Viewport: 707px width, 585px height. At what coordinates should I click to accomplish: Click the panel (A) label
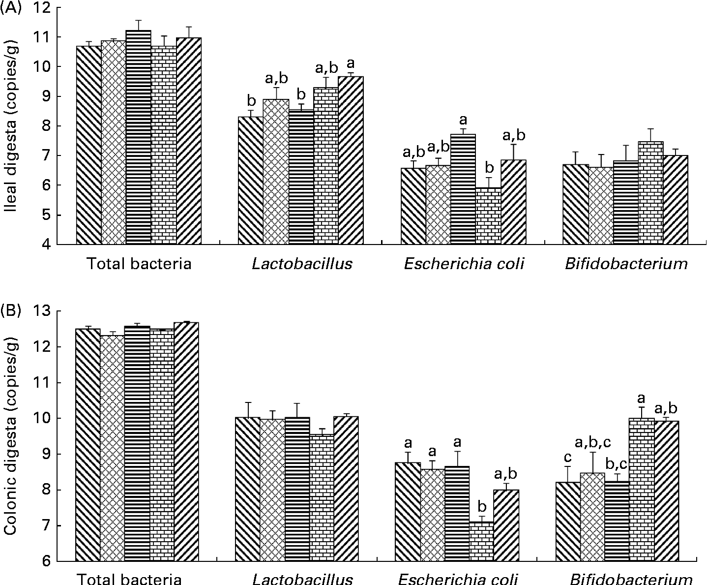(x=10, y=9)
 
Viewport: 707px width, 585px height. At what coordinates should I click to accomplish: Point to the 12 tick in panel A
(x=48, y=8)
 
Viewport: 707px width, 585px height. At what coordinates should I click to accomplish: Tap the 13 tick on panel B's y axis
(x=48, y=312)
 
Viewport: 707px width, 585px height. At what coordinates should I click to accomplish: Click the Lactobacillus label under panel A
(x=302, y=264)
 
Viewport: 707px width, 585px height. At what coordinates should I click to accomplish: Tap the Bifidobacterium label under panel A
(x=625, y=264)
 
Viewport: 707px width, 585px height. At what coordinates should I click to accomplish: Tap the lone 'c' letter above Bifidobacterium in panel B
(x=568, y=458)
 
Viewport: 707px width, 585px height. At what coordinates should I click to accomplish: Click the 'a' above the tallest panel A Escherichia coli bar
(x=463, y=120)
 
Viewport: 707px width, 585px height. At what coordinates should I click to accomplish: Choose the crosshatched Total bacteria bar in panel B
(x=112, y=448)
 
